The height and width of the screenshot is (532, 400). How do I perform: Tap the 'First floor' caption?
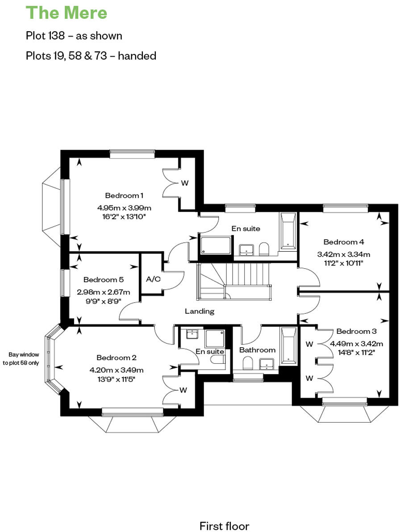click(224, 526)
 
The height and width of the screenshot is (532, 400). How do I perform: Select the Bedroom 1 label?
click(124, 195)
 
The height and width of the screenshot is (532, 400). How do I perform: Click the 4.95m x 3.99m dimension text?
click(124, 208)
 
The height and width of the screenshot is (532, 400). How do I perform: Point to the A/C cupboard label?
click(153, 279)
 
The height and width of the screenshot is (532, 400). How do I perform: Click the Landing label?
click(200, 311)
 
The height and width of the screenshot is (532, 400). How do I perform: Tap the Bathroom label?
click(257, 350)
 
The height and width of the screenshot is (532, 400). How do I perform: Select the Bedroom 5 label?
click(103, 280)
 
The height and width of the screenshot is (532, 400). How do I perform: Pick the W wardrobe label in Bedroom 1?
click(184, 183)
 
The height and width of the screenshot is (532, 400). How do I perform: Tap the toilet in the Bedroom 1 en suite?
click(264, 249)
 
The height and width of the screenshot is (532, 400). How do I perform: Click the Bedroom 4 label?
click(344, 242)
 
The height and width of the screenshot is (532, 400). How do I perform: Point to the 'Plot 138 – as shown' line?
click(74, 36)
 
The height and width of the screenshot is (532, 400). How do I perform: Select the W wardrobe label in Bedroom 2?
click(183, 390)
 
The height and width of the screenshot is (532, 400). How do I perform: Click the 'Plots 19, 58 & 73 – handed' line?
click(91, 56)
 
